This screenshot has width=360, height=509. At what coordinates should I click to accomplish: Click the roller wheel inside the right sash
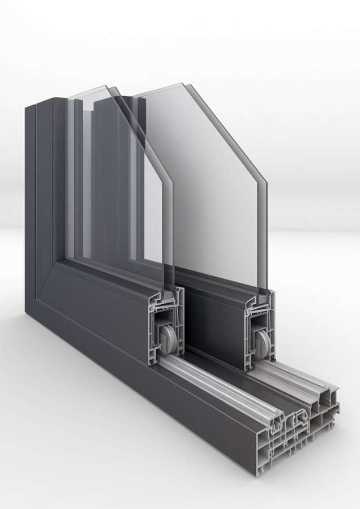point(263,342)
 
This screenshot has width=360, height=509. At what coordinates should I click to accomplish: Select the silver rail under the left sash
point(226,390)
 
